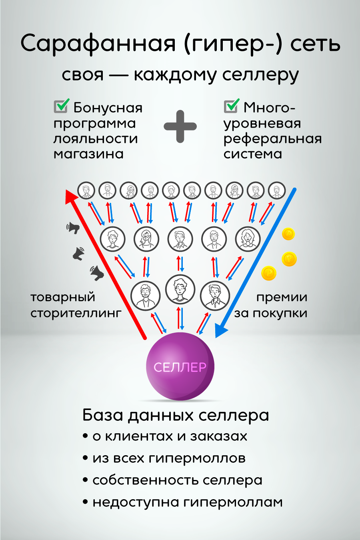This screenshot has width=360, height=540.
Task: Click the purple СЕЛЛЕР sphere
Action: tap(180, 366)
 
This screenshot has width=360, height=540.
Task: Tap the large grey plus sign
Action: tap(180, 126)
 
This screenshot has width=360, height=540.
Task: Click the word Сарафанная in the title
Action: tap(98, 44)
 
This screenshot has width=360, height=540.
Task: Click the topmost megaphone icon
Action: tap(73, 228)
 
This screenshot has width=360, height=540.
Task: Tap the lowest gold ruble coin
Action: tap(269, 274)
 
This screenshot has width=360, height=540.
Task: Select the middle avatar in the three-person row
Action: tap(180, 289)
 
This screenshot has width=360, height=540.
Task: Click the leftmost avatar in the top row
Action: tap(86, 190)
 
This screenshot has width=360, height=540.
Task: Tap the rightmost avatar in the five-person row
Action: tap(248, 239)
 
